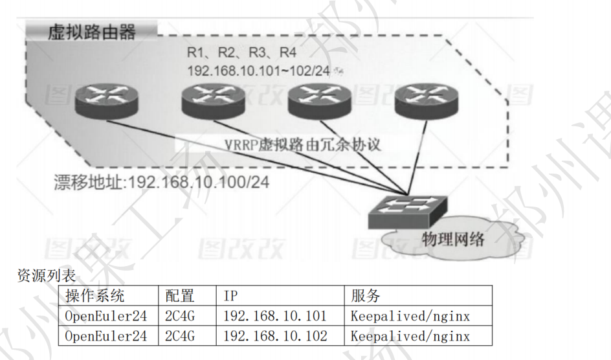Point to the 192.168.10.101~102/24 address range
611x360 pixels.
[258, 70]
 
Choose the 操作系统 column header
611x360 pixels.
[95, 297]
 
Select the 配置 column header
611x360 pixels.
[180, 297]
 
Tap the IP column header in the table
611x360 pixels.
[231, 297]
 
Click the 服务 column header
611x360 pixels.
[366, 297]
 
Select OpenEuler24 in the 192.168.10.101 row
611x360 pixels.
[106, 316]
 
